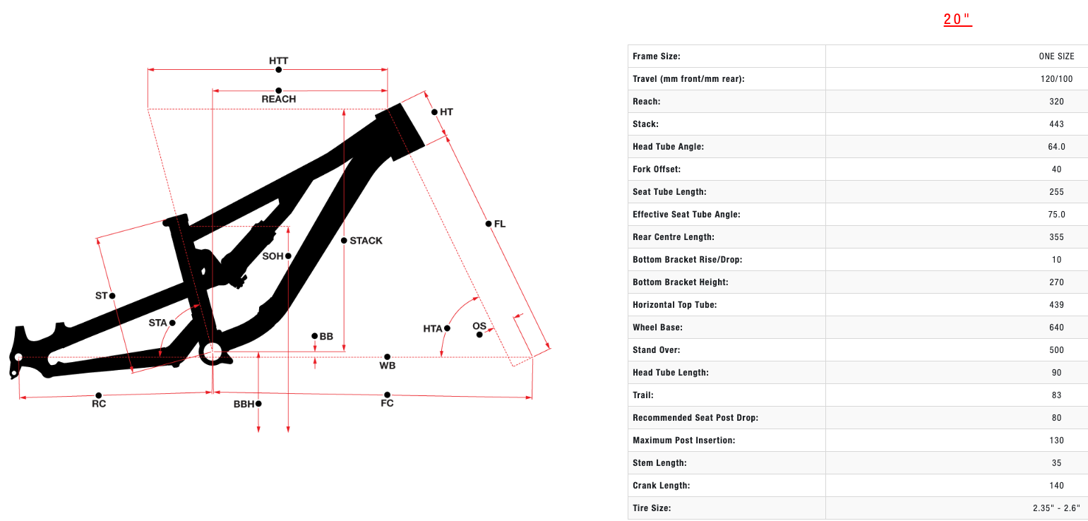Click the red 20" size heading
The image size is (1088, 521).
tap(957, 20)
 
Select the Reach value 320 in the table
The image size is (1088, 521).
tap(1056, 102)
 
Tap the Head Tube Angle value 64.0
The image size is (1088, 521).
tap(1056, 147)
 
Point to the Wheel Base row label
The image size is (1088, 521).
tap(657, 328)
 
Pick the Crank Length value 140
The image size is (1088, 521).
tap(1056, 486)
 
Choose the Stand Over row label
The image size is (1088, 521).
tap(656, 350)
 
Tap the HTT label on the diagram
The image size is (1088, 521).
tap(279, 61)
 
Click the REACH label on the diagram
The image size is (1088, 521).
tap(279, 100)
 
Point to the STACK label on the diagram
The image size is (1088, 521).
tap(366, 241)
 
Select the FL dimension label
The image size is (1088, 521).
tap(499, 224)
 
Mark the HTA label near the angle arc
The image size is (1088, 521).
tap(432, 329)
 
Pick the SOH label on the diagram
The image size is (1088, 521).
tap(273, 256)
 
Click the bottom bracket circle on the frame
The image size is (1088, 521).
tap(212, 350)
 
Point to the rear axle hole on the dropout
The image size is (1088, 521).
tap(18, 357)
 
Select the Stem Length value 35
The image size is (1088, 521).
tap(1056, 463)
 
